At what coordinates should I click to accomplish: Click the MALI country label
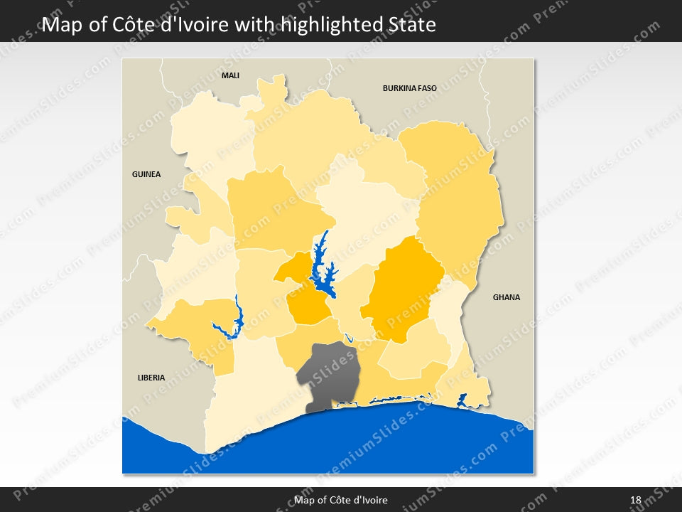click(x=230, y=75)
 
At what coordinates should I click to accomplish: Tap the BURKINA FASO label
click(x=409, y=89)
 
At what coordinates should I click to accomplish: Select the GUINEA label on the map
click(x=146, y=174)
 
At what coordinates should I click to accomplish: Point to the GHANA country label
click(x=507, y=297)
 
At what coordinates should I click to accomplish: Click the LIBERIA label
click(x=151, y=378)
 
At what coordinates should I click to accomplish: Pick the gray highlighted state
click(x=328, y=373)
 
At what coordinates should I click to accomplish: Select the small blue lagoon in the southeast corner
click(x=462, y=400)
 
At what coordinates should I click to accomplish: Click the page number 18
click(x=635, y=500)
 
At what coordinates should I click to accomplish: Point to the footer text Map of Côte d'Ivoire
click(x=341, y=500)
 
